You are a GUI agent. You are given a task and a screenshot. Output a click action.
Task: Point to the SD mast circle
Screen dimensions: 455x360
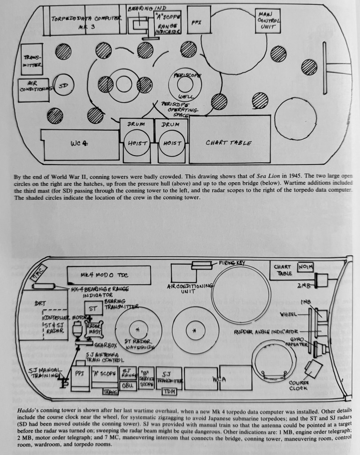pos(62,86)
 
